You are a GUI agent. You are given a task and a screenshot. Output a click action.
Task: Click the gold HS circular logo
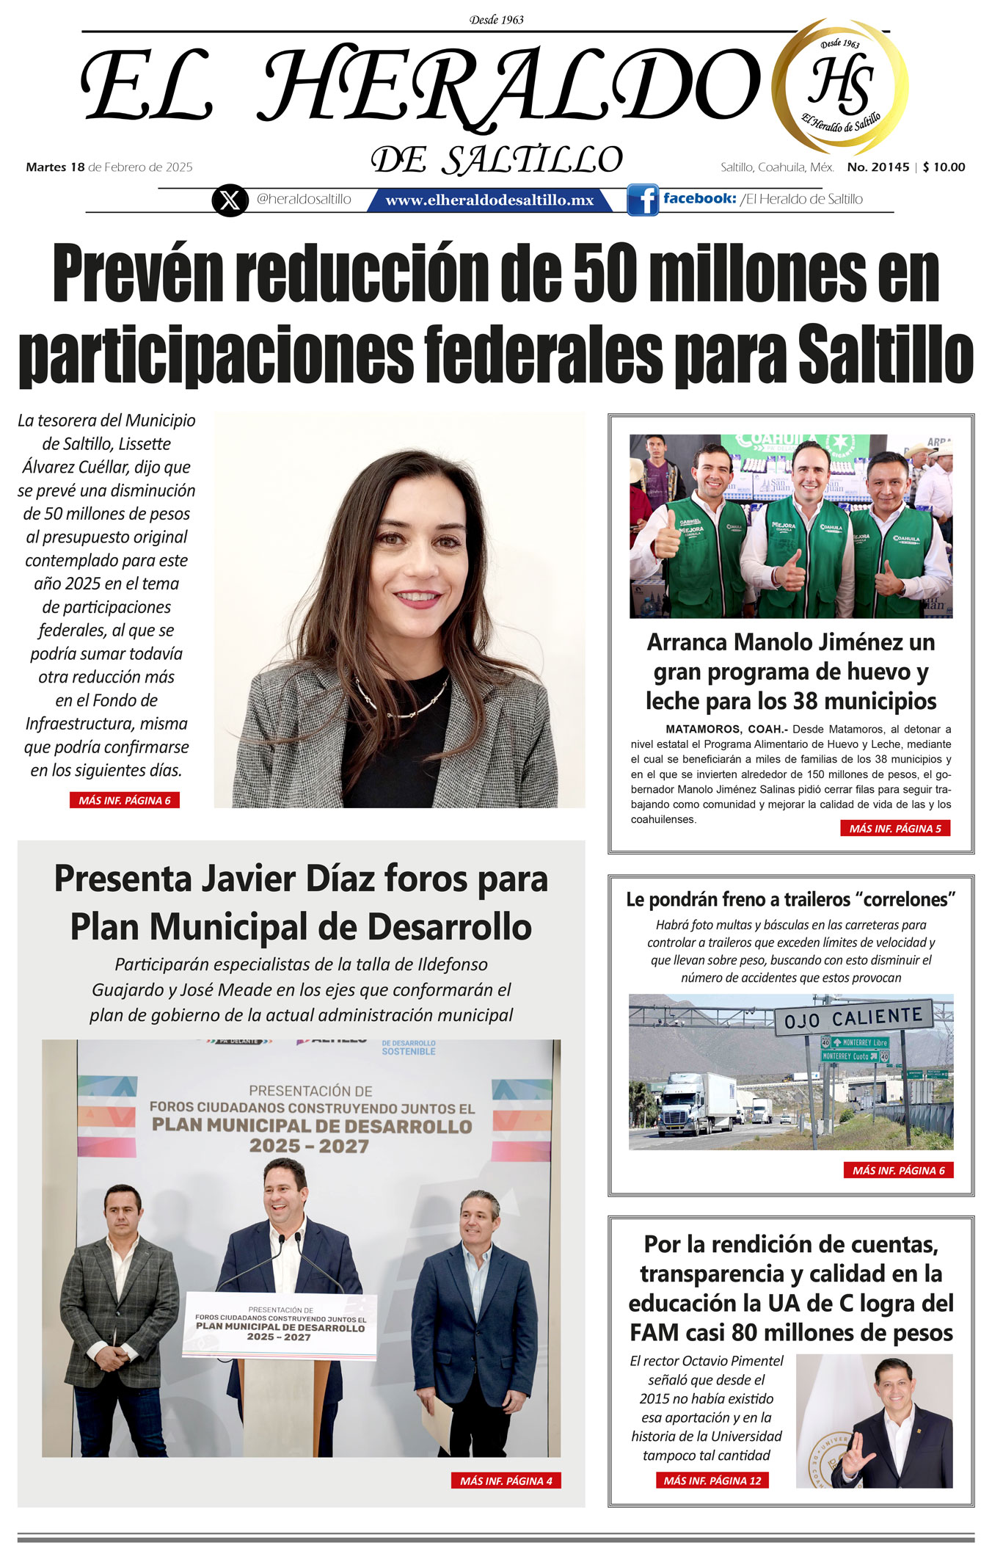[840, 87]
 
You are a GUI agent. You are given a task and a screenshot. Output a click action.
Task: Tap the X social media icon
[229, 200]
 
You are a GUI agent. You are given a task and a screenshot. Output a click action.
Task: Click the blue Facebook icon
[642, 200]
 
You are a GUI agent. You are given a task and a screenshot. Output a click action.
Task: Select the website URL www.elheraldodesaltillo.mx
[489, 200]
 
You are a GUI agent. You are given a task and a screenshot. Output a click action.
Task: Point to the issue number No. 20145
[878, 167]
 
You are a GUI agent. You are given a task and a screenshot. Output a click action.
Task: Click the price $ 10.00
[944, 167]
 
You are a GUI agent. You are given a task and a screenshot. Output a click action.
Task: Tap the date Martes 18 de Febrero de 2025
[109, 167]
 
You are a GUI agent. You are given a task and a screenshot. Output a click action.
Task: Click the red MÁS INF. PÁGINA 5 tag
[894, 829]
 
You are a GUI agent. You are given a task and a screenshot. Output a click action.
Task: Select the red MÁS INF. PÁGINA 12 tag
[712, 1481]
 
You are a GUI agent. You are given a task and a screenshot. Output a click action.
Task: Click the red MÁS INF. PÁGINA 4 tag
[506, 1481]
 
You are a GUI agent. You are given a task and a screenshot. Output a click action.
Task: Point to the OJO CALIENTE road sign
[853, 1017]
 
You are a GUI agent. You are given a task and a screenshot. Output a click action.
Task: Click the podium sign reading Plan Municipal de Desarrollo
[280, 1326]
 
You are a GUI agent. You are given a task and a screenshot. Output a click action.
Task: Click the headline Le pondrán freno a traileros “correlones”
[790, 899]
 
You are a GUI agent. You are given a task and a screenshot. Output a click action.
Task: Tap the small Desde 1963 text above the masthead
[497, 20]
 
